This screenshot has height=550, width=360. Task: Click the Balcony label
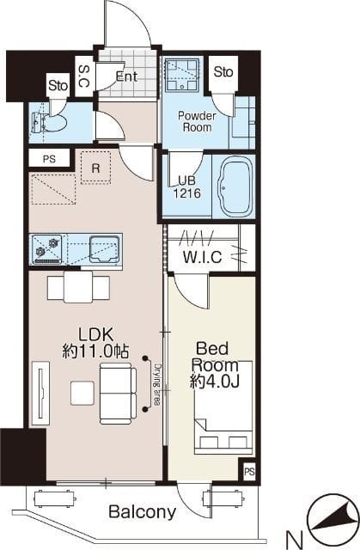click(x=143, y=512)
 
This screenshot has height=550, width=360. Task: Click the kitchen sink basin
click(x=104, y=249)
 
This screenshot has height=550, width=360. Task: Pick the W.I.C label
click(x=203, y=257)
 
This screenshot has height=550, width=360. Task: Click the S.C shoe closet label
click(x=84, y=76)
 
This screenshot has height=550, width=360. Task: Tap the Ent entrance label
click(x=126, y=76)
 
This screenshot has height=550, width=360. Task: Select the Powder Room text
click(x=197, y=121)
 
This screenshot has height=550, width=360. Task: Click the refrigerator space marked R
click(x=95, y=168)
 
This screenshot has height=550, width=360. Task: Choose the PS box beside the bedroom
click(x=249, y=472)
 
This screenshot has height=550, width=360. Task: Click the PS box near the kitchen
click(x=50, y=159)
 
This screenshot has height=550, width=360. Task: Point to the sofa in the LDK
click(x=118, y=393)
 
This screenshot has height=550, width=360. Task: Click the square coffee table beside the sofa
click(x=82, y=394)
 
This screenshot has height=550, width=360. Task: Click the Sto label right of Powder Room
click(x=223, y=72)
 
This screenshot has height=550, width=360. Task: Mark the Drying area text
click(x=157, y=384)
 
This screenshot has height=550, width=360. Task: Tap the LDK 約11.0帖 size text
click(x=95, y=343)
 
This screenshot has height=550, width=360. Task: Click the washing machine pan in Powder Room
click(x=181, y=75)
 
